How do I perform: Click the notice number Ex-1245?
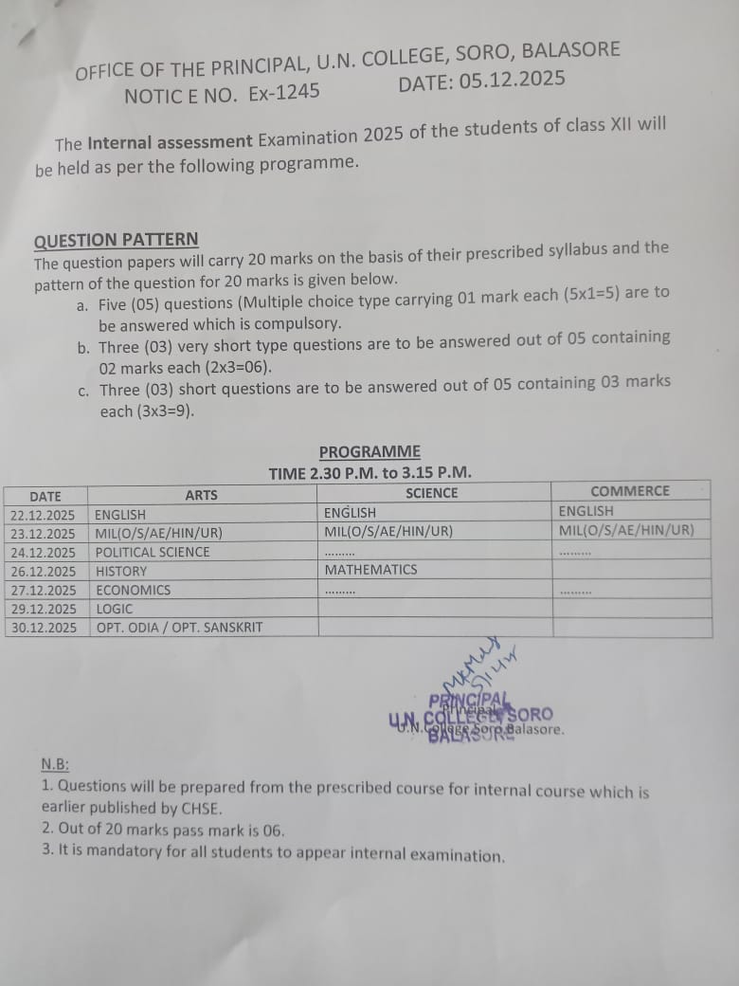[x=284, y=93]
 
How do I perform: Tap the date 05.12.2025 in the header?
[x=512, y=81]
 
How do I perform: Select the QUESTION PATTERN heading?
[x=117, y=240]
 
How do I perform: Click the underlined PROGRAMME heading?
[x=369, y=452]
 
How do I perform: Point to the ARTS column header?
[x=201, y=495]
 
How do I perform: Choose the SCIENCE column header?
[x=431, y=493]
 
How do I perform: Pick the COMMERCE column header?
[x=629, y=491]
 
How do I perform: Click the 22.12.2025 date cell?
[x=43, y=515]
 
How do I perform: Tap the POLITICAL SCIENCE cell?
[x=153, y=552]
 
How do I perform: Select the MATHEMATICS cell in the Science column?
[x=370, y=570]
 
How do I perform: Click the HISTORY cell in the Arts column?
[x=121, y=571]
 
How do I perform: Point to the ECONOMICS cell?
[x=134, y=590]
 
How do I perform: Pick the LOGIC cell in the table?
[x=115, y=609]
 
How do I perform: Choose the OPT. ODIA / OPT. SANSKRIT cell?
[x=179, y=628]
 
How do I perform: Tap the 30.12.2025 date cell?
[x=43, y=628]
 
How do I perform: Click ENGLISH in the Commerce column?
[x=586, y=511]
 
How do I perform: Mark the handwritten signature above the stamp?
[x=478, y=668]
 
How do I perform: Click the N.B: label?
[x=55, y=765]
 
